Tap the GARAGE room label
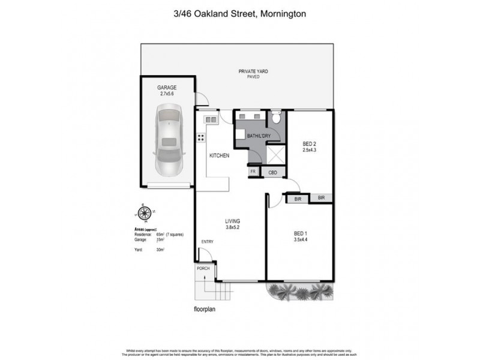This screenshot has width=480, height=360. (167, 88)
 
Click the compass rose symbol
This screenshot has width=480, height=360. (144, 212)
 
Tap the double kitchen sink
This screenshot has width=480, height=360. (211, 120)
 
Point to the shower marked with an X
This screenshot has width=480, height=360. (275, 155)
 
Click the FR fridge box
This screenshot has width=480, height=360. (253, 172)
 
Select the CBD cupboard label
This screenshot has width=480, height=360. (272, 172)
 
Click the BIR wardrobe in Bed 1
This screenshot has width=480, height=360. (296, 197)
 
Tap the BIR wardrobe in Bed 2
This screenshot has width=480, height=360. (321, 197)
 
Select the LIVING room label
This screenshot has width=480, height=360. (233, 221)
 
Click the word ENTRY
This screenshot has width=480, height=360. (208, 242)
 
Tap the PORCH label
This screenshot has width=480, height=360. (203, 268)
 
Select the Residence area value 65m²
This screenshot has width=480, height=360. (161, 234)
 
